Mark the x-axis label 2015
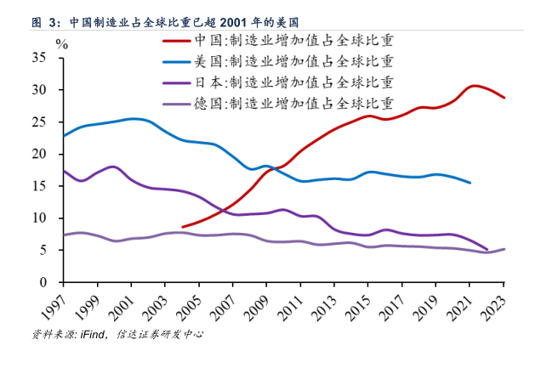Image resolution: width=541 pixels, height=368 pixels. pyautogui.click(x=362, y=304)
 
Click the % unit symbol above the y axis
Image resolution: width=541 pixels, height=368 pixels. pyautogui.click(x=60, y=42)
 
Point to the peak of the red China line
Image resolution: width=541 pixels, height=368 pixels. pyautogui.click(x=473, y=86)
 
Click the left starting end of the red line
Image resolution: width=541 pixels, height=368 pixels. pyautogui.click(x=183, y=227)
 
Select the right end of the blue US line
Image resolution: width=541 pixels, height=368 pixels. pyautogui.click(x=470, y=183)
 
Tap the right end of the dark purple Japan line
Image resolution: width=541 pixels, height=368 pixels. pyautogui.click(x=487, y=249)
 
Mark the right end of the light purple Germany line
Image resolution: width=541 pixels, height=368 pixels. pyautogui.click(x=504, y=249)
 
